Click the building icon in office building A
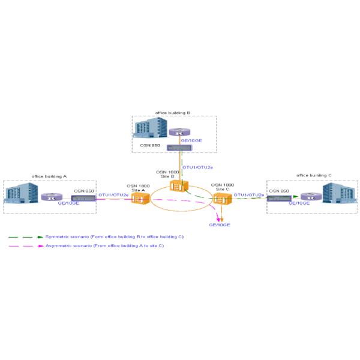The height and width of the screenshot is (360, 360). tap(22, 196)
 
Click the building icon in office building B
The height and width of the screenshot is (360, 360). tap(150, 127)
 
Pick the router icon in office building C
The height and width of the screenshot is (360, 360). tap(308, 197)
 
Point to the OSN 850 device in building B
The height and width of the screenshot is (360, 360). tap(178, 148)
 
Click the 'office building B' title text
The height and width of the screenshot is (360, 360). tap(173, 112)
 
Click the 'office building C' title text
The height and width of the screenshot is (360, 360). tap(314, 176)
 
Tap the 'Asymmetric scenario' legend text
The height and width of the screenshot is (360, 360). tap(105, 246)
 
